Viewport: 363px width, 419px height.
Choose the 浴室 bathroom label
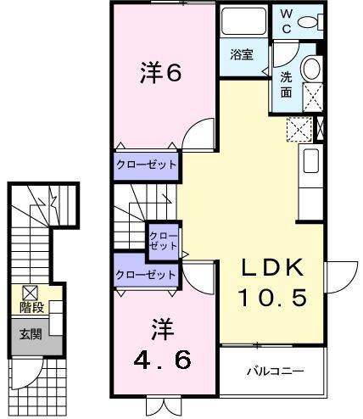pos(242,55)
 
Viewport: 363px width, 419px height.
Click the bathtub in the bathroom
pos(243,22)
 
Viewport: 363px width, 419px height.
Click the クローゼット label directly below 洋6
pos(147,165)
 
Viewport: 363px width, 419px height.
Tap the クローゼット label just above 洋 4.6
pos(146,275)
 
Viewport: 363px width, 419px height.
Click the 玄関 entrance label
pos(31,334)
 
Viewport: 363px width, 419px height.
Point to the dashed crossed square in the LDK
pos(299,129)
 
